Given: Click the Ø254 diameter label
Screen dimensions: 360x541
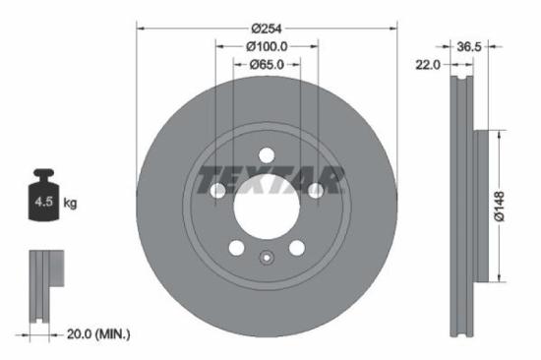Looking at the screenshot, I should point(266,29).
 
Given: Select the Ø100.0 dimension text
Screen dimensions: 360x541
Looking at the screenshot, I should point(266,46).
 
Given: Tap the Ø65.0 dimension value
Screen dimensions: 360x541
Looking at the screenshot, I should point(266,65).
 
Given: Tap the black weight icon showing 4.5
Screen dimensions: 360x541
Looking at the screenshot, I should point(43,202).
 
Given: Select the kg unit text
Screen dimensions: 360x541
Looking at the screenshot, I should point(71,204).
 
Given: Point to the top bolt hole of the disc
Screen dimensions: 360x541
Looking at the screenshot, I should point(266,153).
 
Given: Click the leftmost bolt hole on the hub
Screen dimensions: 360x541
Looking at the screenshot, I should point(217,190).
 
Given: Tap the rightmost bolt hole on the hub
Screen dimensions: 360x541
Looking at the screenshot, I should point(314,190).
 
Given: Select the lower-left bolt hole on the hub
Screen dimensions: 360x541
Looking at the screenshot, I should point(236,247).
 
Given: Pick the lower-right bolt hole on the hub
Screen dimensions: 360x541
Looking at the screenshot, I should point(295,247).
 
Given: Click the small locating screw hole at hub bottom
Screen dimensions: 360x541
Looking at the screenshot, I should point(266,259).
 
